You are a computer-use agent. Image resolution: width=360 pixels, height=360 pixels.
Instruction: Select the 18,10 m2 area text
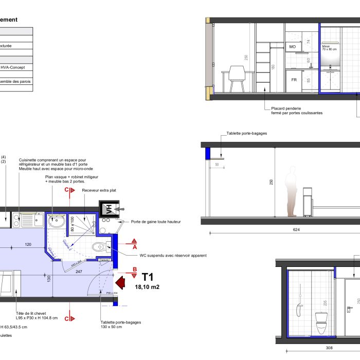click(x=147, y=287)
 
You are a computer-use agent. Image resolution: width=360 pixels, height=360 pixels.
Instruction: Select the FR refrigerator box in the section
click(x=294, y=80)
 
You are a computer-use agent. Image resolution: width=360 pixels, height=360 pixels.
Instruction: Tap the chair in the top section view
click(x=237, y=79)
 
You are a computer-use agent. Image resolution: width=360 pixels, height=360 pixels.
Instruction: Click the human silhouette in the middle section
click(x=292, y=191)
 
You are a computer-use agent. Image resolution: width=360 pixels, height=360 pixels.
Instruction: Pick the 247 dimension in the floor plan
click(x=79, y=271)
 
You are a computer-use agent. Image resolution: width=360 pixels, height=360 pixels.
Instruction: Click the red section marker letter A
click(x=134, y=247)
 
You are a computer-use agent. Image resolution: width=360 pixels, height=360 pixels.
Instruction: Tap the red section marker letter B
click(x=134, y=269)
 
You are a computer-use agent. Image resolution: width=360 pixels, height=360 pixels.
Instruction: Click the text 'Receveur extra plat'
click(x=99, y=190)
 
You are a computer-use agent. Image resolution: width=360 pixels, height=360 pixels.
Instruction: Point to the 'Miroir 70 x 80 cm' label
click(x=329, y=48)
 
